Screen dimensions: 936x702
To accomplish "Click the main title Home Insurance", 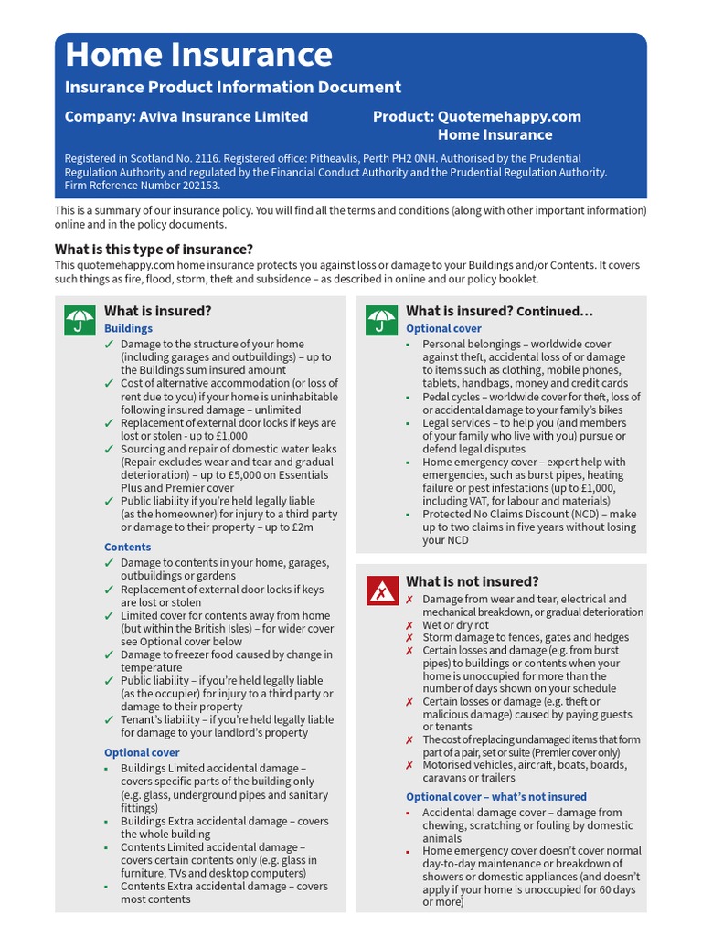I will (x=198, y=56).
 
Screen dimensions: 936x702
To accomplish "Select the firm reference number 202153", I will (x=198, y=185).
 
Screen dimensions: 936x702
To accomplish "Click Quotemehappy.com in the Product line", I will (x=509, y=116).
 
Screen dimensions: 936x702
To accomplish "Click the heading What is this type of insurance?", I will (x=154, y=249).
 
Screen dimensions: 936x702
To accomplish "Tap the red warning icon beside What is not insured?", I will (x=381, y=591).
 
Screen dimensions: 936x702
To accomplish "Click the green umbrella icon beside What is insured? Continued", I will (x=381, y=320).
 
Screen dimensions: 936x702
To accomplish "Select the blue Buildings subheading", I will (x=128, y=328).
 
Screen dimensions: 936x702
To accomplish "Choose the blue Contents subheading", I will (x=127, y=547).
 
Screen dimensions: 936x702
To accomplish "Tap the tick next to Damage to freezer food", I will (x=110, y=654).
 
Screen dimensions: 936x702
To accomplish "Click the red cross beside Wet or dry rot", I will (x=409, y=625).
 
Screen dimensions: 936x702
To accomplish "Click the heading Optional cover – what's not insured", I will (x=496, y=796).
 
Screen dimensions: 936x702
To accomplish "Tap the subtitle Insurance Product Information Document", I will (x=232, y=88).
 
